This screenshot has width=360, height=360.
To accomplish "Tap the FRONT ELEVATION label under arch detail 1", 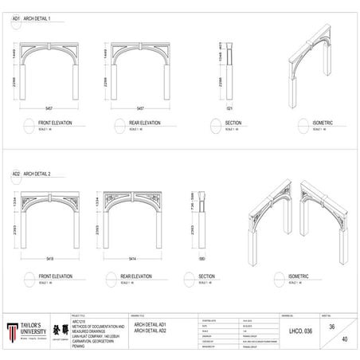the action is click(x=55, y=123).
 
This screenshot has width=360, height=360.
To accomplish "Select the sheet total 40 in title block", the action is click(x=344, y=341).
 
